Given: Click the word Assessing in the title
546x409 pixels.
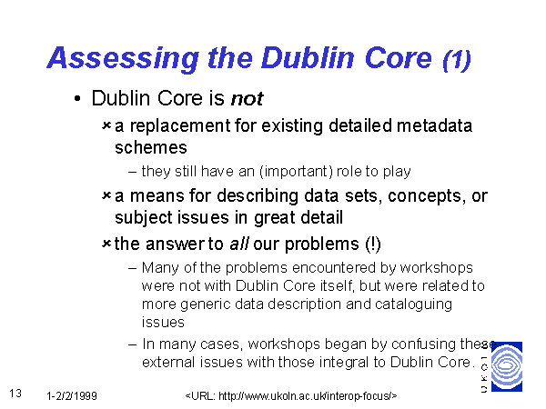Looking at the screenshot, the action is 123,58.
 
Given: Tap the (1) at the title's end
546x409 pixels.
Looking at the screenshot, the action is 457,60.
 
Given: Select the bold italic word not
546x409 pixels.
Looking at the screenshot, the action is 248,98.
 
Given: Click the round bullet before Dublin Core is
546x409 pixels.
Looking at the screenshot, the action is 77,99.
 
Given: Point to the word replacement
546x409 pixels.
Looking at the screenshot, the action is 180,126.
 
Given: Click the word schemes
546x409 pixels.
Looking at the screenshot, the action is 151,147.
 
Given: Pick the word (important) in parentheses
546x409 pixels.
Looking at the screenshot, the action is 296,172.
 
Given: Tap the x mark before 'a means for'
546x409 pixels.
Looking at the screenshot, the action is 106,195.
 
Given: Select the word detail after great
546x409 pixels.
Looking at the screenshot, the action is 322,218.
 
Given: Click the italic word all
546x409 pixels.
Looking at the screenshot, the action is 238,244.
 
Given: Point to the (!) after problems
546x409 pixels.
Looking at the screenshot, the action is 373,244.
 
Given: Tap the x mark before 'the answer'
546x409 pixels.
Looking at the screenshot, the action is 106,244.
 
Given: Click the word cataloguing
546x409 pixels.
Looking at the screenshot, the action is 414,304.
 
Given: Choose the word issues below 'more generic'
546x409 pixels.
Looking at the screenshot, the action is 163,323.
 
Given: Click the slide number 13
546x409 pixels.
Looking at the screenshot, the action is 15,394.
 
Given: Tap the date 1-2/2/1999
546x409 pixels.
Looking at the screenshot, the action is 72,396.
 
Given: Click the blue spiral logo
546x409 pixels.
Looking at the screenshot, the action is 507,366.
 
